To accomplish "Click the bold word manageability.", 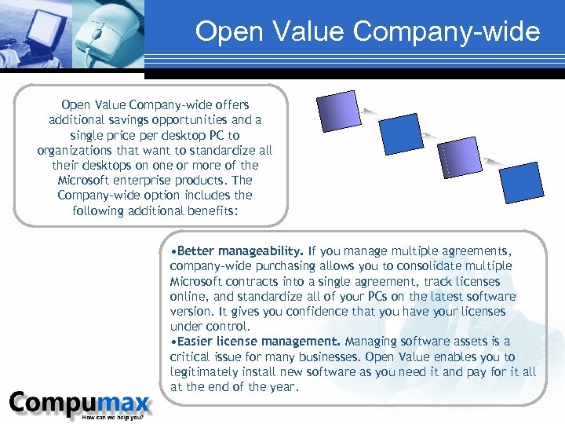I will click(x=261, y=251).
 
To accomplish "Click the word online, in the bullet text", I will click(x=189, y=297).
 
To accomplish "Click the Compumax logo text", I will click(x=79, y=404).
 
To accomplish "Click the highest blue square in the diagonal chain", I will click(x=337, y=112).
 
